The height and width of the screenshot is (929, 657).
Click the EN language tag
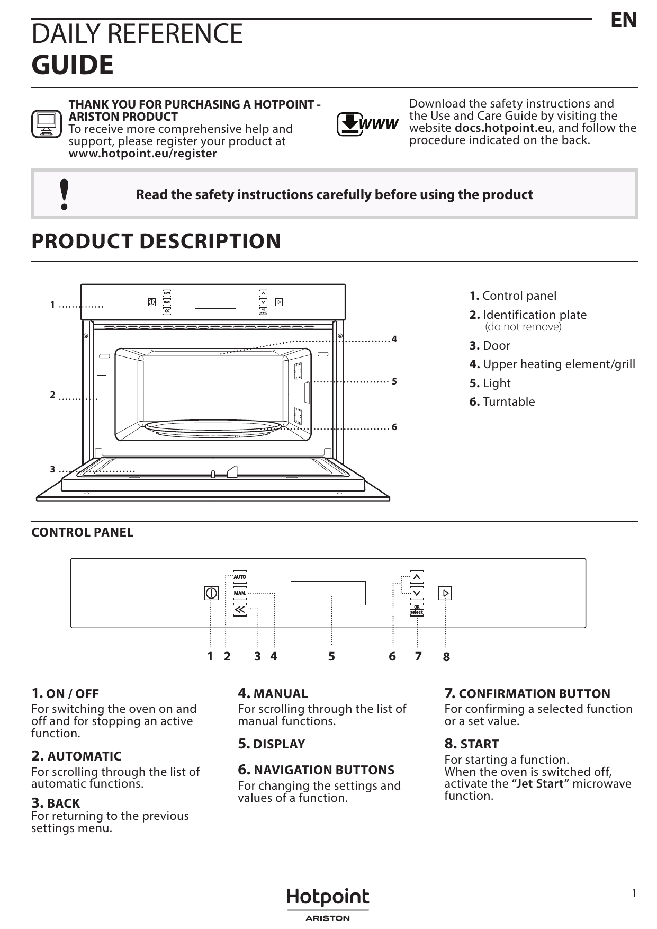pos(623,20)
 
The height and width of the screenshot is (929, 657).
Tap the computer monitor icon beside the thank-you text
pos(47,124)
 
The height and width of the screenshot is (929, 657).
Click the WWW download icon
pos(367,124)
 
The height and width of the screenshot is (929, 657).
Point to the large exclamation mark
pos(65,194)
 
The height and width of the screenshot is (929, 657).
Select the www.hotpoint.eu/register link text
pos(142,154)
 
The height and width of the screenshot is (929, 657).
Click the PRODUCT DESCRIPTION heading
pos(156,242)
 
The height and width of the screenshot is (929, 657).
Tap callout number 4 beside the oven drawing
pos(394,339)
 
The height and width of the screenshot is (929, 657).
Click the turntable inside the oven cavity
pos(213,427)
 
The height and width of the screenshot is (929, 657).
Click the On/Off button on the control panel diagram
pos(211,593)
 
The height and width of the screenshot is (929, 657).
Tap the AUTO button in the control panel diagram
pos(240,577)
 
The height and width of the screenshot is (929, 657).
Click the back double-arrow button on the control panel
pos(240,610)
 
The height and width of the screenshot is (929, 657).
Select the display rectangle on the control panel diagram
pos(328,593)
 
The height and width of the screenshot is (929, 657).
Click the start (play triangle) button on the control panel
pos(445,593)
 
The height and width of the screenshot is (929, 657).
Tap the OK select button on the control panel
pos(417,610)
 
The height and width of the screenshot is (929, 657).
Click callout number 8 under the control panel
pos(446,657)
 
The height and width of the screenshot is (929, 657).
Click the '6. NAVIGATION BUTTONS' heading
pos(316,770)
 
